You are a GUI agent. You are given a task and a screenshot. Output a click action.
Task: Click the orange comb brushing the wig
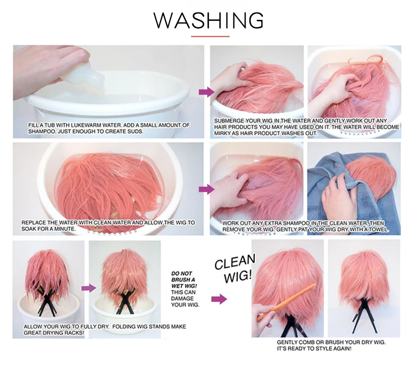coord(287,302)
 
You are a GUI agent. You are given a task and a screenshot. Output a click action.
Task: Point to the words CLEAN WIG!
coord(235,268)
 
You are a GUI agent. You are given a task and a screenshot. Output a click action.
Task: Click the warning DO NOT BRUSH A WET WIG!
coord(184,279)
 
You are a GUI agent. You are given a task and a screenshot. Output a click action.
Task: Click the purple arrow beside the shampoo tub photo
coord(207,92)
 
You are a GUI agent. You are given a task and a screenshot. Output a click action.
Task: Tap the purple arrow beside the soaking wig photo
coord(207,189)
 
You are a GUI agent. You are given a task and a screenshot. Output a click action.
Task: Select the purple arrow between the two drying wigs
coord(89,288)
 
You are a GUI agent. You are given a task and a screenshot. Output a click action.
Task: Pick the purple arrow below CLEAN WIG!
coord(219,299)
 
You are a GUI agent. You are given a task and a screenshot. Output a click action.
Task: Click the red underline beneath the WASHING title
coord(210,36)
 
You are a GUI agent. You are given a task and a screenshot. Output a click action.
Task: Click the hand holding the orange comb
coord(265,320)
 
